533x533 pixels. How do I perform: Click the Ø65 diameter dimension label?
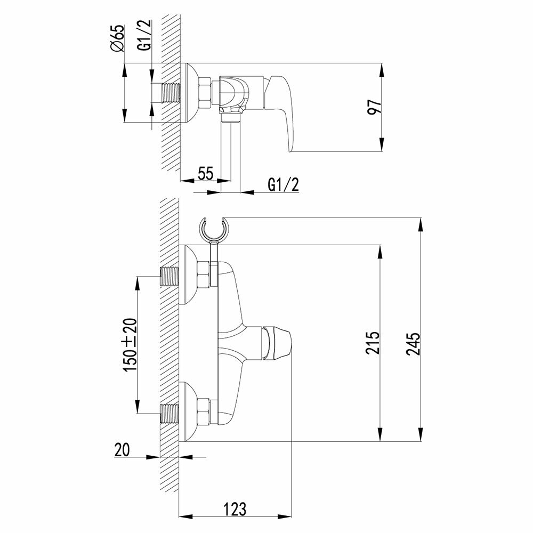[x=118, y=38]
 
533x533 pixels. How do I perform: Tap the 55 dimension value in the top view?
[x=205, y=174]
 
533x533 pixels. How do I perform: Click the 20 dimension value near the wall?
[x=123, y=450]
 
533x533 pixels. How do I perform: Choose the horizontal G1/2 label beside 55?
[x=283, y=184]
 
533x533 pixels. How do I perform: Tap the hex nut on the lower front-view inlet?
[x=204, y=411]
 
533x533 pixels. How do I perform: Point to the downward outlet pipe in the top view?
[x=231, y=144]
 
